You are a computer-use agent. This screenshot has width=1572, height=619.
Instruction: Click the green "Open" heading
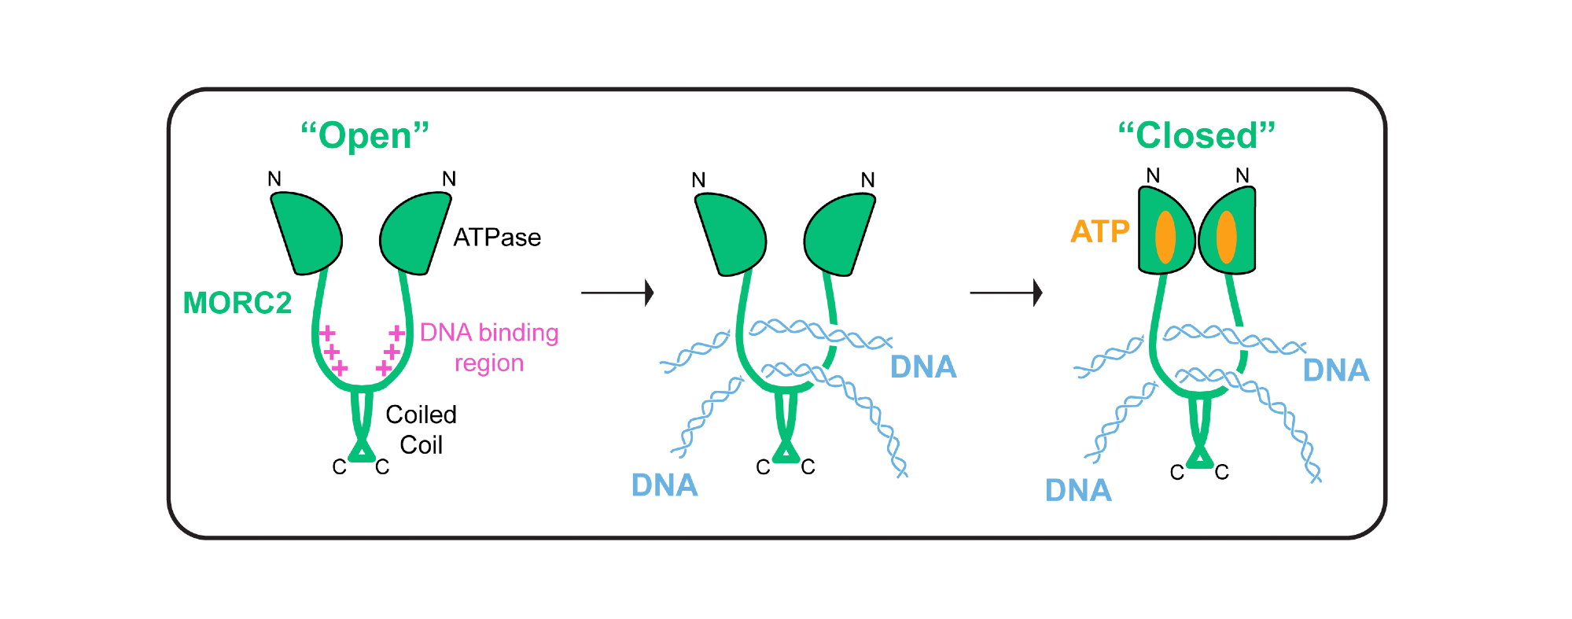[365, 135]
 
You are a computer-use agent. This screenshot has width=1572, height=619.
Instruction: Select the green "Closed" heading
[1196, 135]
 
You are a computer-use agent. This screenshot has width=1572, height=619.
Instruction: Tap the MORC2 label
[237, 303]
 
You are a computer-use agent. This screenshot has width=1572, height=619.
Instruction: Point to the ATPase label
[497, 238]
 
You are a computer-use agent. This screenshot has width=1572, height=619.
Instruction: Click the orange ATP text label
[1099, 231]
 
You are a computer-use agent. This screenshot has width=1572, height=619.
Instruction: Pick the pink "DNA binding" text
[489, 333]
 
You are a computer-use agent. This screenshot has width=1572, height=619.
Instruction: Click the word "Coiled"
[421, 415]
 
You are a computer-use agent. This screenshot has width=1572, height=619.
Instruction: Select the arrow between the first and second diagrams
[617, 293]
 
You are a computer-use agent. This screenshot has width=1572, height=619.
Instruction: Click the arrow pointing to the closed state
[1006, 293]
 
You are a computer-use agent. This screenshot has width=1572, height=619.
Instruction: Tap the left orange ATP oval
[1165, 237]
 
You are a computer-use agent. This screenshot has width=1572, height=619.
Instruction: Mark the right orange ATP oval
[1226, 237]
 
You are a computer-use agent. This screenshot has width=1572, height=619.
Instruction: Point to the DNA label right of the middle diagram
[923, 367]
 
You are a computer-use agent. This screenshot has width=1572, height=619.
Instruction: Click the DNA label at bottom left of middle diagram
[665, 485]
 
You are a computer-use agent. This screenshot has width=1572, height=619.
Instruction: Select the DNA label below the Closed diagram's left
[1078, 490]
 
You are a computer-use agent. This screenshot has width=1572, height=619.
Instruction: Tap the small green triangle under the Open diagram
[361, 451]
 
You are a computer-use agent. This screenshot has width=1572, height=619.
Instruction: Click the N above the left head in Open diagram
[274, 179]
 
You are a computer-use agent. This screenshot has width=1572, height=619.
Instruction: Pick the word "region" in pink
[488, 363]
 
